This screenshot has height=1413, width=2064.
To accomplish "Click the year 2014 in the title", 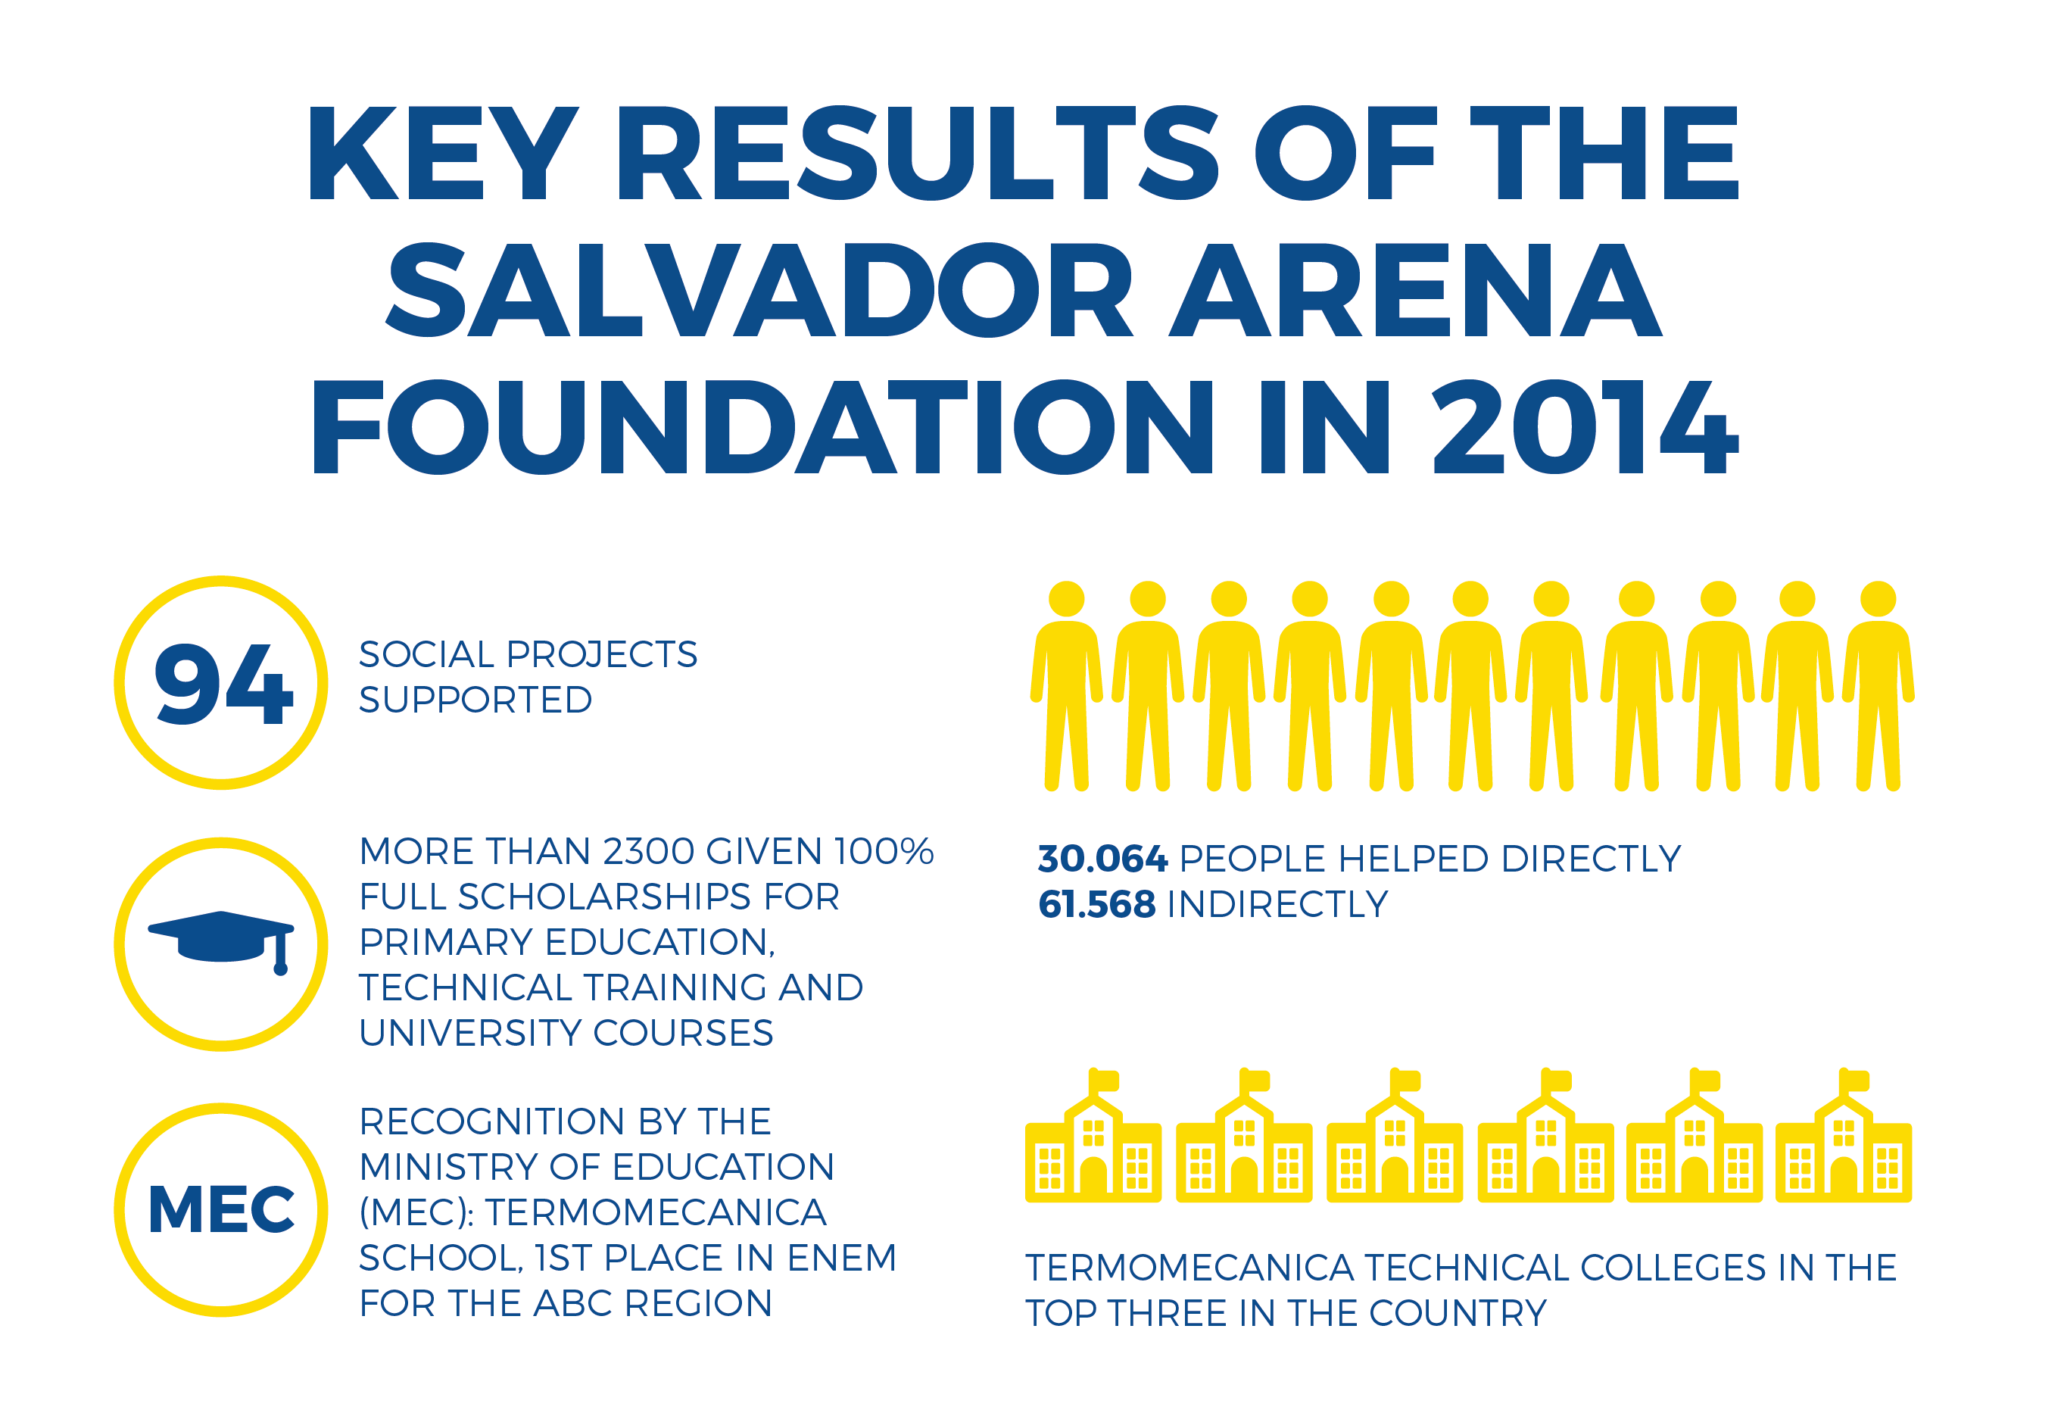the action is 1585,427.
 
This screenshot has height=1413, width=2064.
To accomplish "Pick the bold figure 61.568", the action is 1097,904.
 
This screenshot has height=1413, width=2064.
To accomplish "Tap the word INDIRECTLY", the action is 1277,904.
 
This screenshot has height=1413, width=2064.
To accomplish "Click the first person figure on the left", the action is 1066,685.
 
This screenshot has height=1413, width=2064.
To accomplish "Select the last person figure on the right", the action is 1878,685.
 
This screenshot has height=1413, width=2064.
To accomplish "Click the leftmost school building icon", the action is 1093,1135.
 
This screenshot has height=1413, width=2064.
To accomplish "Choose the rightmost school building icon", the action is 1844,1135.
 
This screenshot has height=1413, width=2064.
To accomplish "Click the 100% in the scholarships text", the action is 884,851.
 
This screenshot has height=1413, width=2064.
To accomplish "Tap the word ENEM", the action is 842,1258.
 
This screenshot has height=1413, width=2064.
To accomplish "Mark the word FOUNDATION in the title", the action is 761,427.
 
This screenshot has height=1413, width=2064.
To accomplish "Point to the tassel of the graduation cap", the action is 281,954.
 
